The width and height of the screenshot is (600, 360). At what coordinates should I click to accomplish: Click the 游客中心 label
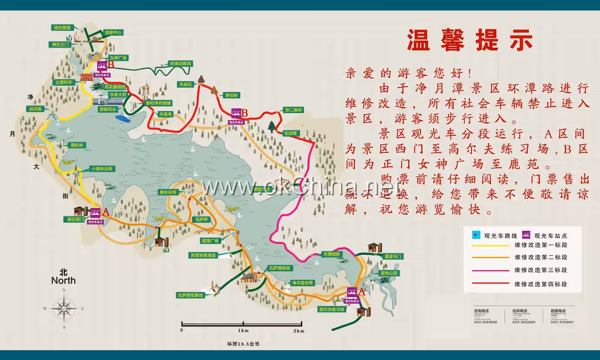point(113,32)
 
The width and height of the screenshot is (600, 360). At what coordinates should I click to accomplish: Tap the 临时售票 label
point(62,28)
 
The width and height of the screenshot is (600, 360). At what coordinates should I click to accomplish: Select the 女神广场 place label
point(118,58)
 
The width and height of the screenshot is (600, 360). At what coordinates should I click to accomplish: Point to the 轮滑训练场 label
point(180,63)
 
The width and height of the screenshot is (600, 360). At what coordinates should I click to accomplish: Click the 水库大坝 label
point(118,95)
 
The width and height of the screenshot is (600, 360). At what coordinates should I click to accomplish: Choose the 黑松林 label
point(77,145)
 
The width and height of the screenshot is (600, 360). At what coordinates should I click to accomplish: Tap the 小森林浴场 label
point(102,169)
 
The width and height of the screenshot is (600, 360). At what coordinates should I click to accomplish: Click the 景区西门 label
point(75,219)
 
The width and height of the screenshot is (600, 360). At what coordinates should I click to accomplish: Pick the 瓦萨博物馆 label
point(280,268)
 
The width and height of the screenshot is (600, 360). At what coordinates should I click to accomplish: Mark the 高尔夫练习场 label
point(332,309)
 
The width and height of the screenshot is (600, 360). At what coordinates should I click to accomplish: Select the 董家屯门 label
point(393,257)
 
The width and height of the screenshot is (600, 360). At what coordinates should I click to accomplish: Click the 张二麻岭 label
point(293,110)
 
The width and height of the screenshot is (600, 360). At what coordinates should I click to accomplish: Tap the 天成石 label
point(185,85)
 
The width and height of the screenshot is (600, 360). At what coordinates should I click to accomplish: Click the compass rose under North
point(64,309)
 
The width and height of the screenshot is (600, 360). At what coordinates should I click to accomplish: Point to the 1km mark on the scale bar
point(243,324)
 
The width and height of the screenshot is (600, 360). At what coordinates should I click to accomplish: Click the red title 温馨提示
point(470,40)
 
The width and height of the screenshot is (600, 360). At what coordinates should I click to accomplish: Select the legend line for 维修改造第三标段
point(491,271)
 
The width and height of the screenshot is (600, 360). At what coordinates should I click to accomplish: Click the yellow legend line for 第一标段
point(491,246)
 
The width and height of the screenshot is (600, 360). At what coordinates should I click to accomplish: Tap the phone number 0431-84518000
point(485,322)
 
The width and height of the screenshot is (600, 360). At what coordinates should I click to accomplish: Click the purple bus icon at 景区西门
point(95,213)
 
